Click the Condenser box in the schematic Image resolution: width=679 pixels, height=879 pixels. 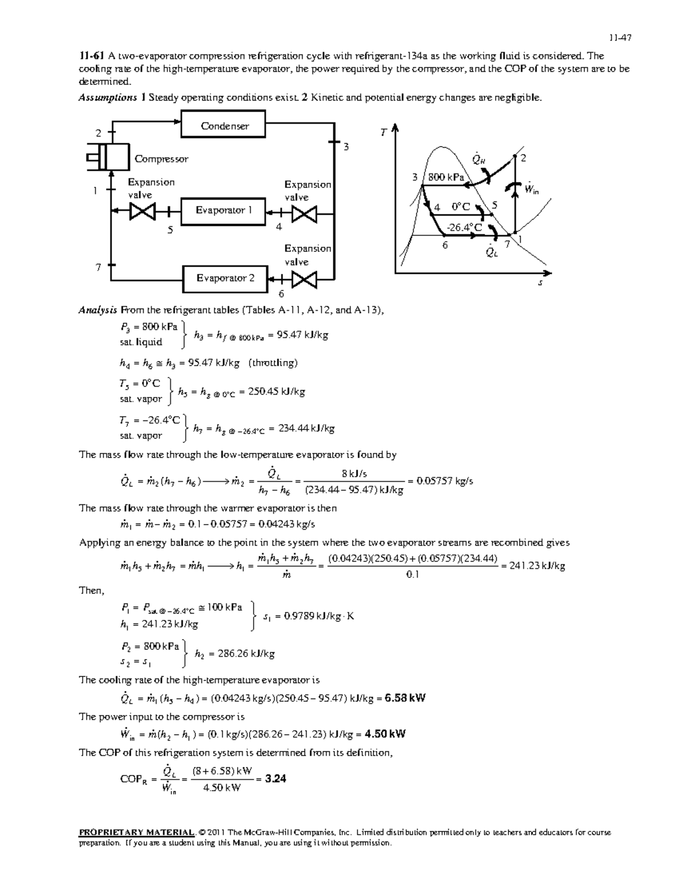pos(224,126)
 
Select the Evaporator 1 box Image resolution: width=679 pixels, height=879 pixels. pos(224,211)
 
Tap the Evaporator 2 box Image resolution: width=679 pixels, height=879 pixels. pos(225,278)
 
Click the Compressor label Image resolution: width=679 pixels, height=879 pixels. pos(161,159)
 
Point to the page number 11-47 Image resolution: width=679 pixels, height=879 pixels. pos(620,38)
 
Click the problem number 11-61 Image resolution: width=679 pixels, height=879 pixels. pos(92,56)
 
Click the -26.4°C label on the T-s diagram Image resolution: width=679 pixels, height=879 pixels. pos(465,228)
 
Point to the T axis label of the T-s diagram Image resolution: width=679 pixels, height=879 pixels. pos(383,132)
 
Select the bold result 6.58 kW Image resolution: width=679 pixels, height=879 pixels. pos(405,698)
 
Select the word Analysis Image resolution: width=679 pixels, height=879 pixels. pos(98,310)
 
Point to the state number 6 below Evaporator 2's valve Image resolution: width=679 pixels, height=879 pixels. pos(281,294)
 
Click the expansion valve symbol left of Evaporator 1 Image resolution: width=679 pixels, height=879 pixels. pos(140,211)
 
